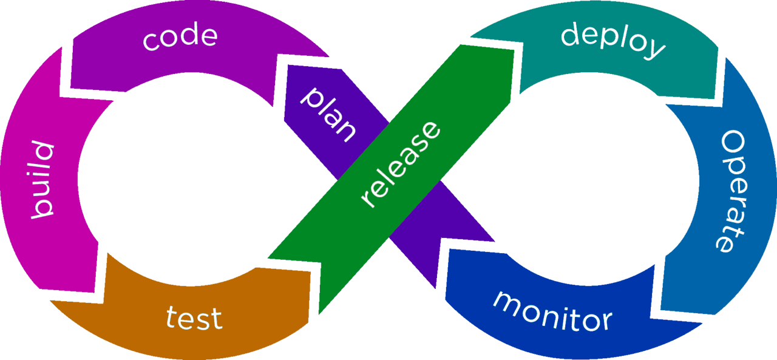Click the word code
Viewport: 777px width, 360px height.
tap(180, 38)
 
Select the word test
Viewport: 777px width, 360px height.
tap(194, 318)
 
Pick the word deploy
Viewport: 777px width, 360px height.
tap(612, 41)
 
